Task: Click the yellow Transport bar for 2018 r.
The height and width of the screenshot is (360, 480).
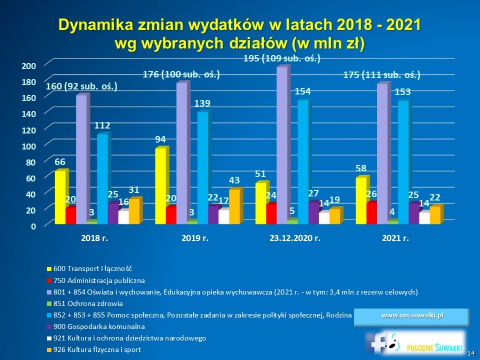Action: [60, 197]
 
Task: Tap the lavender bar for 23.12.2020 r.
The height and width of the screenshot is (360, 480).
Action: [282, 144]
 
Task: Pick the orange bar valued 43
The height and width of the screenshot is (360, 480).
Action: [235, 206]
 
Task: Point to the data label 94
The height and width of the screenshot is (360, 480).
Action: [160, 139]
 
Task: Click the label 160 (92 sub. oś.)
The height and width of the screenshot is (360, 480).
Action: [82, 87]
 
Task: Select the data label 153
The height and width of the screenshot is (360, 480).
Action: [402, 91]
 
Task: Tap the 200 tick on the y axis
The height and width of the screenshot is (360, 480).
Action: [30, 65]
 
